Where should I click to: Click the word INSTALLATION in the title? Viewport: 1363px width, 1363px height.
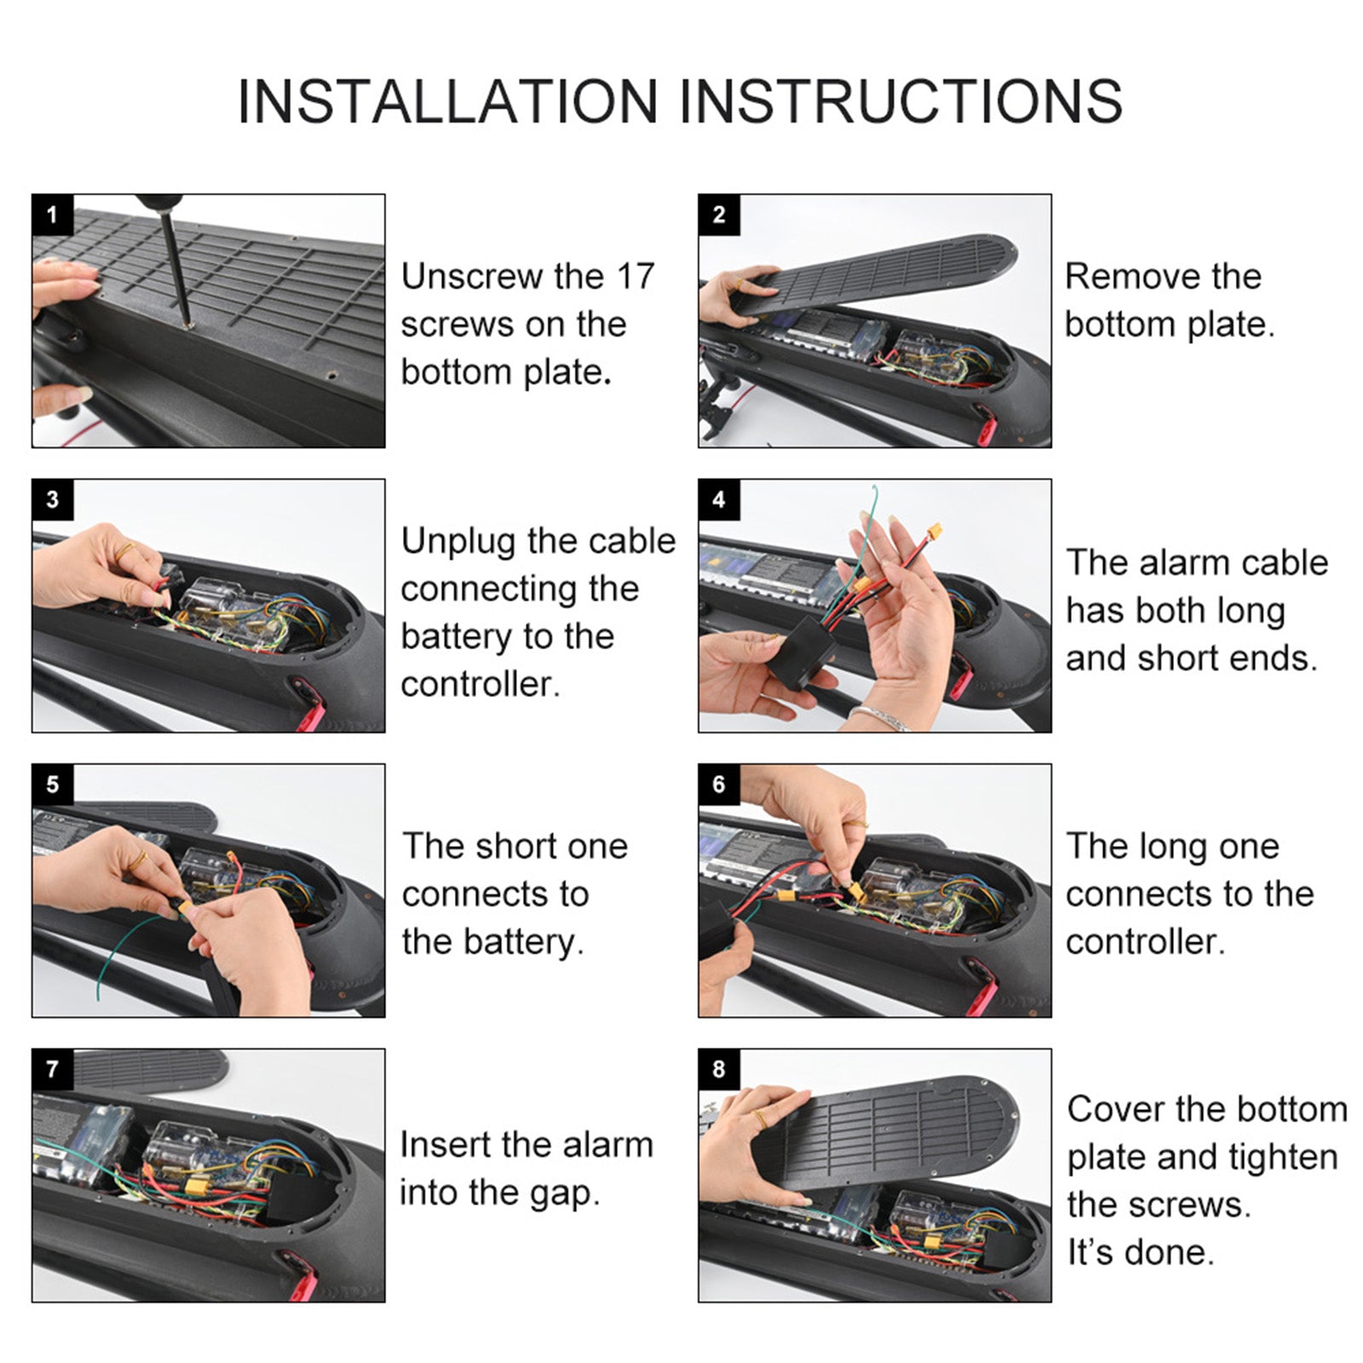448,101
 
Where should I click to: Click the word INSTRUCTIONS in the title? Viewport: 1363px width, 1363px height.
900,101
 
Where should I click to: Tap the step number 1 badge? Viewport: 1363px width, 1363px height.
53,215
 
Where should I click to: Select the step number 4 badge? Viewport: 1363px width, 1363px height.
719,500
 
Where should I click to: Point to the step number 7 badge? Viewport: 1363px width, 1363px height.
53,1069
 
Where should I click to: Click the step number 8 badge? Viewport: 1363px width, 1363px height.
719,1069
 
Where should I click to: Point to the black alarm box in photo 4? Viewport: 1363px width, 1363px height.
801,652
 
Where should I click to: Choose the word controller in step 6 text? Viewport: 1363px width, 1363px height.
1144,942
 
